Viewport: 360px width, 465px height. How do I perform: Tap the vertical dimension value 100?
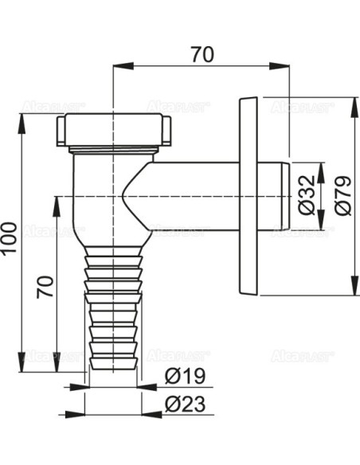click(x=10, y=239)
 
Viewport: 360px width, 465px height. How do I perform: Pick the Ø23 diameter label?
click(x=185, y=404)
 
